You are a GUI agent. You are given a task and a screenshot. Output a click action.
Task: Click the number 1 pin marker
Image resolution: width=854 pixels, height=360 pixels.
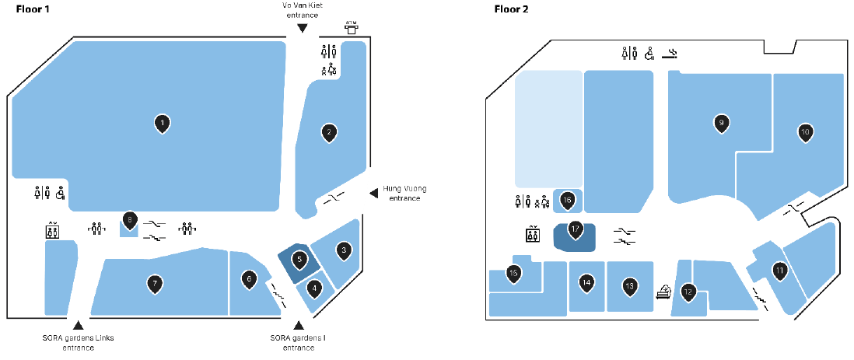(x=162, y=123)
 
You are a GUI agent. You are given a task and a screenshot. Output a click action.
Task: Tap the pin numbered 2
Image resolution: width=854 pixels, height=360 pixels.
(x=330, y=133)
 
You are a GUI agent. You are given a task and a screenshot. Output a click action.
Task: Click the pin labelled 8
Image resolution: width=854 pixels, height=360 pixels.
(x=130, y=220)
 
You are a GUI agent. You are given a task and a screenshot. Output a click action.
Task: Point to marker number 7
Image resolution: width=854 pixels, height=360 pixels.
(x=156, y=285)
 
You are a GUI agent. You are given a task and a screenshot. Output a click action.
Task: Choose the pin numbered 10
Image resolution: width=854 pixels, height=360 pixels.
(x=805, y=133)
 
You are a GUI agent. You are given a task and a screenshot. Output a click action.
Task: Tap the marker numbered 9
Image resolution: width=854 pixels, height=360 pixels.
(x=722, y=123)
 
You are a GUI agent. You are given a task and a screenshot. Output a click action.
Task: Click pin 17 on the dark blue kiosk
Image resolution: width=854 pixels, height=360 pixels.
(x=576, y=229)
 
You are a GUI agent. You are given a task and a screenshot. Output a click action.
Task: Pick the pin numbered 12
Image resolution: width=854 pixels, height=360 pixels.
(x=688, y=292)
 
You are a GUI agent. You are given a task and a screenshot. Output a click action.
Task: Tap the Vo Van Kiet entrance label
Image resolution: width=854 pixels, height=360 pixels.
(x=303, y=10)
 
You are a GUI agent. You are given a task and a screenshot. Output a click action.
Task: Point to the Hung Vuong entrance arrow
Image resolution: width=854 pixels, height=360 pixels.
(x=373, y=191)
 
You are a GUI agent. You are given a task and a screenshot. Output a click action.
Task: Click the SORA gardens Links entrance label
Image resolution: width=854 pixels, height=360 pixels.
(x=77, y=343)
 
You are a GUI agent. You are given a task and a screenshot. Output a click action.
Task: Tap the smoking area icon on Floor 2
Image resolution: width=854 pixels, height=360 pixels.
(x=673, y=54)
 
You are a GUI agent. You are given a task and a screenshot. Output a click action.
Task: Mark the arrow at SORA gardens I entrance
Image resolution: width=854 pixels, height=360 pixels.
(x=295, y=325)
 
